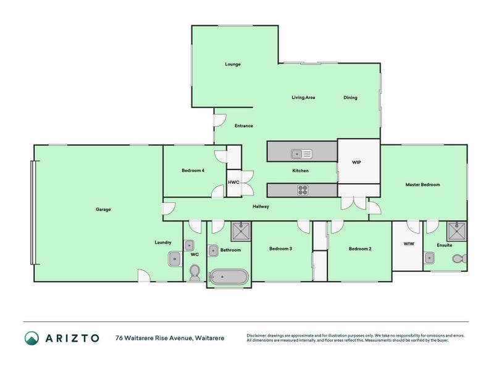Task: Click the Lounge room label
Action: (232, 64)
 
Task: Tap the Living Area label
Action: (303, 97)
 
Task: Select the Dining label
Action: (350, 97)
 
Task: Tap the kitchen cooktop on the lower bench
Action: (303, 190)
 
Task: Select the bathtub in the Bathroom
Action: (228, 277)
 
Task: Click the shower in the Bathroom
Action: (241, 232)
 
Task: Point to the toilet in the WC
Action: (195, 272)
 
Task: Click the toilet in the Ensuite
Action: (459, 260)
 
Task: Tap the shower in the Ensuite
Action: (457, 231)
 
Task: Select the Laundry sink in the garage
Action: (174, 259)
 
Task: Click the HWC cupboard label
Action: (233, 183)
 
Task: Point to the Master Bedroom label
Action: (422, 184)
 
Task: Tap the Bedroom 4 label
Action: (193, 170)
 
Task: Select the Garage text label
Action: (103, 210)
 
